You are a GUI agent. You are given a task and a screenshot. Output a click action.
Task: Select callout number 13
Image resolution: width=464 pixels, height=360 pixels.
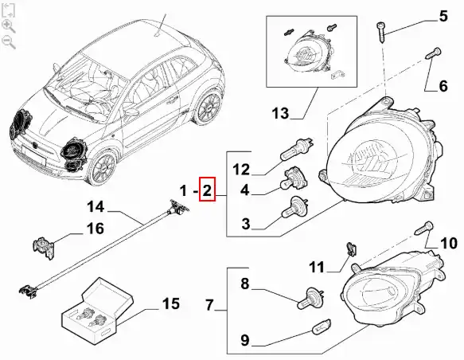coord(280,113)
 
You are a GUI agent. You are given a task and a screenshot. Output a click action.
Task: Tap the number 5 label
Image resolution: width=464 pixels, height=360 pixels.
coord(443,16)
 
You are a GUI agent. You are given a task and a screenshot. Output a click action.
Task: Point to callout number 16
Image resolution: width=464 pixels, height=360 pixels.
coord(96,229)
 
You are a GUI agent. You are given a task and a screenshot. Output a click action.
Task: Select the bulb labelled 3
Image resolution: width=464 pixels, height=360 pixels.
coord(295,206)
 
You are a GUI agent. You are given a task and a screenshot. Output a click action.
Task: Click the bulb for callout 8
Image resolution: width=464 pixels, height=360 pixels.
coord(310,298)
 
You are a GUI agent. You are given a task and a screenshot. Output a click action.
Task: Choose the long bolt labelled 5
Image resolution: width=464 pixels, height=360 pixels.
coord(381,33)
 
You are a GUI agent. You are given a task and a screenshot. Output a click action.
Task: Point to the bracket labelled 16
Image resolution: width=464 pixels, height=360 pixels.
coord(44,248)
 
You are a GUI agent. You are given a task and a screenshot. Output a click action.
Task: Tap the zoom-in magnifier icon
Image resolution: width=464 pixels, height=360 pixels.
coord(8,26)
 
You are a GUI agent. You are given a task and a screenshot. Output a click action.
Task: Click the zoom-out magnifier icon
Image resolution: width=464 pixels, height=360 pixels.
coord(8,41)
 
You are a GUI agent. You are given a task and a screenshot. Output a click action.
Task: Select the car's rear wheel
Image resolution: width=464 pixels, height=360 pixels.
coord(209,108)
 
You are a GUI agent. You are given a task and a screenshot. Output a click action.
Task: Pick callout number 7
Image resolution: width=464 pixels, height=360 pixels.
coord(209,304)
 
